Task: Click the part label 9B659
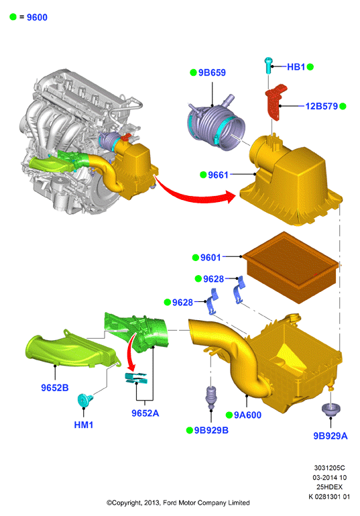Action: click(x=212, y=72)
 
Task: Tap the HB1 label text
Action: click(x=296, y=67)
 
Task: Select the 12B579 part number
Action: click(x=322, y=106)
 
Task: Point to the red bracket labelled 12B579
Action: click(x=275, y=102)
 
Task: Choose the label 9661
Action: click(x=218, y=174)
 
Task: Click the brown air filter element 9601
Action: click(x=291, y=266)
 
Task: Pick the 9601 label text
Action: click(x=211, y=258)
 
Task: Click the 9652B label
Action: click(x=55, y=388)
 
